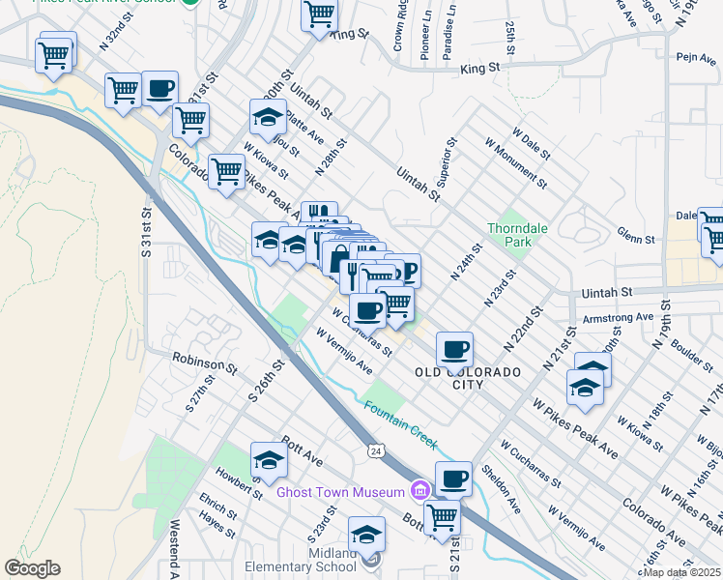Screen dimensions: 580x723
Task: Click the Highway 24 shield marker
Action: (x=375, y=450)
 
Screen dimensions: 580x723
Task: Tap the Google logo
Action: (x=32, y=568)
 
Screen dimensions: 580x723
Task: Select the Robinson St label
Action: (x=205, y=362)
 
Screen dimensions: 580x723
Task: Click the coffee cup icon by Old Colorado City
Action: (x=454, y=349)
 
